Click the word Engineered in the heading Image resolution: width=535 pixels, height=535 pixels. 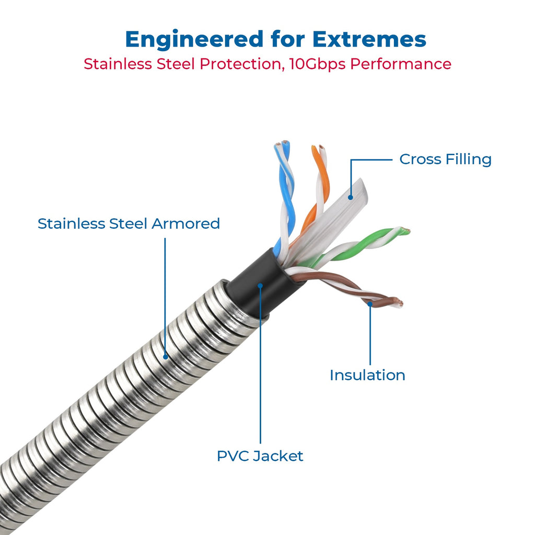coord(194,40)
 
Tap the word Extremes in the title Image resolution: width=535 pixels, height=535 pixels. coord(369,39)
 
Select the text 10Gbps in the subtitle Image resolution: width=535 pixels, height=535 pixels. coord(317,64)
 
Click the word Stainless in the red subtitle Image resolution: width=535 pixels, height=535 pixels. coord(118,64)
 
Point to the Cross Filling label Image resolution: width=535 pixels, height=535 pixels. coord(445,159)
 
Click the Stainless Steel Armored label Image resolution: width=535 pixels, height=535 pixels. coord(129,224)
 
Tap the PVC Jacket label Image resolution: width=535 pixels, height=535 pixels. coord(260,456)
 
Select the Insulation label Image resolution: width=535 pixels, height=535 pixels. coord(367,375)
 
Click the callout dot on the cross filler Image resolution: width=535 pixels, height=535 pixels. coord(351,197)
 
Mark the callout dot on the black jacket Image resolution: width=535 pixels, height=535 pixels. coord(260,286)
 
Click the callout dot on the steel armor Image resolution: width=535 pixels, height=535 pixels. coord(166,357)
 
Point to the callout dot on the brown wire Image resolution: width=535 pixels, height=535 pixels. coord(370,304)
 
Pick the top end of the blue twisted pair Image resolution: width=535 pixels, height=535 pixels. coord(282,144)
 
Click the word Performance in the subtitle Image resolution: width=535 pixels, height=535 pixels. coord(401,64)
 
